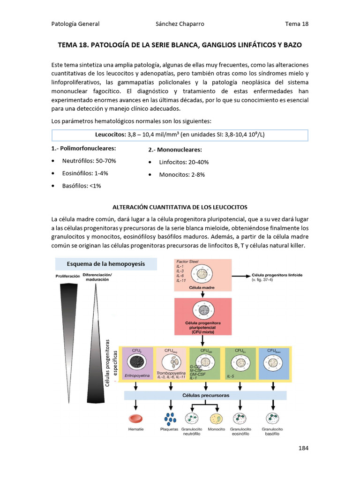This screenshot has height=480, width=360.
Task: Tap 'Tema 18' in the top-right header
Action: pyautogui.click(x=296, y=24)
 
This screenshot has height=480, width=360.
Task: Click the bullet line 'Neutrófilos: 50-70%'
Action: pyautogui.click(x=89, y=161)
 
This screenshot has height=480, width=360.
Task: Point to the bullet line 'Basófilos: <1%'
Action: pyautogui.click(x=82, y=186)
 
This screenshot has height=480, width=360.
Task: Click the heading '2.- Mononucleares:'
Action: pyautogui.click(x=175, y=150)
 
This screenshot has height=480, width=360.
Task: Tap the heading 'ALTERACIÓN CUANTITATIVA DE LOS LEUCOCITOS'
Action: pyautogui.click(x=180, y=207)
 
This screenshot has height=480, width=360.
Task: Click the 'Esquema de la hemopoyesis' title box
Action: pyautogui.click(x=105, y=264)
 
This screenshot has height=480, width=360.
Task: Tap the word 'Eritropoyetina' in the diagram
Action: pyautogui.click(x=136, y=376)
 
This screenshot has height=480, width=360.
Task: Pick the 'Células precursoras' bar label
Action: pyautogui.click(x=205, y=396)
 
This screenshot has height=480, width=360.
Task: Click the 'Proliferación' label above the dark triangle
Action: pyautogui.click(x=67, y=277)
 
